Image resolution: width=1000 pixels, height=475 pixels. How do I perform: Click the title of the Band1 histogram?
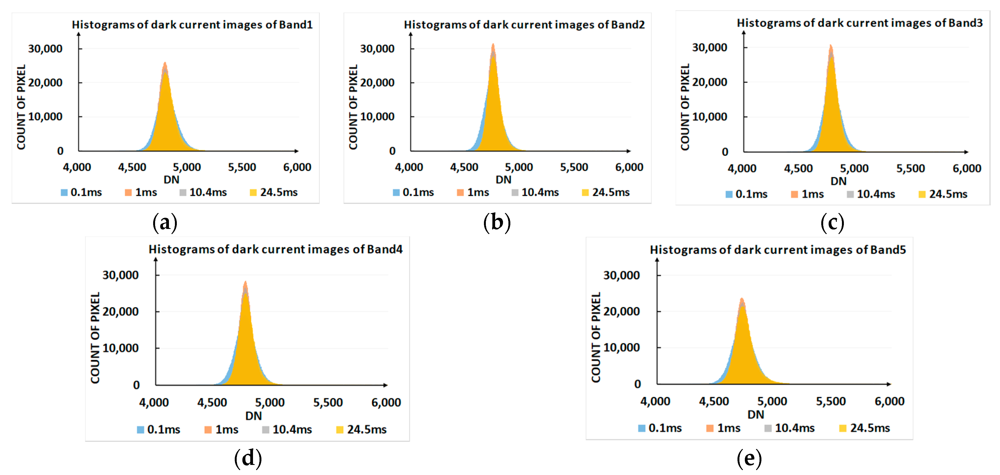tap(192, 24)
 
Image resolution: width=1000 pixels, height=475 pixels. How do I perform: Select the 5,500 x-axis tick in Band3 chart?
tap(910, 168)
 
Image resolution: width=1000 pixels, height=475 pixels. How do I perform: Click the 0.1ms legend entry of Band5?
tap(660, 428)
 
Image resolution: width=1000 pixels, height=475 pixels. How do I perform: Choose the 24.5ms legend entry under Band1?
tap(274, 192)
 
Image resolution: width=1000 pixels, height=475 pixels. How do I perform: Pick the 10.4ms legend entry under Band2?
tap(535, 192)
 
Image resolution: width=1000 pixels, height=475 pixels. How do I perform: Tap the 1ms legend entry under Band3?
tap(807, 194)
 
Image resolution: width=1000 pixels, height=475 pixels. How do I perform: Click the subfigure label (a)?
tap(165, 223)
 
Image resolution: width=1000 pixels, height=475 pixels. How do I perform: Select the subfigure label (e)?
tap(749, 458)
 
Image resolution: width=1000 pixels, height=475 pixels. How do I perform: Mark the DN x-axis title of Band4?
tap(254, 416)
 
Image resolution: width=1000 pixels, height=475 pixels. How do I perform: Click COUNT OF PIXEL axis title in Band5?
tap(596, 337)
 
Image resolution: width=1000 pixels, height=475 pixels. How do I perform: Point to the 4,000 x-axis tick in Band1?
tap(77, 167)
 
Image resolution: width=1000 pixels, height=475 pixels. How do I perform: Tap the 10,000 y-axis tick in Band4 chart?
tap(120, 348)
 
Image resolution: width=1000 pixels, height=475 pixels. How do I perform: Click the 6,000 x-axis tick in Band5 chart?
tap(889, 401)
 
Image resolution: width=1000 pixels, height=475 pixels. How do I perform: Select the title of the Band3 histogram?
tap(859, 23)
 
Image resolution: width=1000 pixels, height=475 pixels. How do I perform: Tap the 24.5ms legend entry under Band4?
tap(362, 430)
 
